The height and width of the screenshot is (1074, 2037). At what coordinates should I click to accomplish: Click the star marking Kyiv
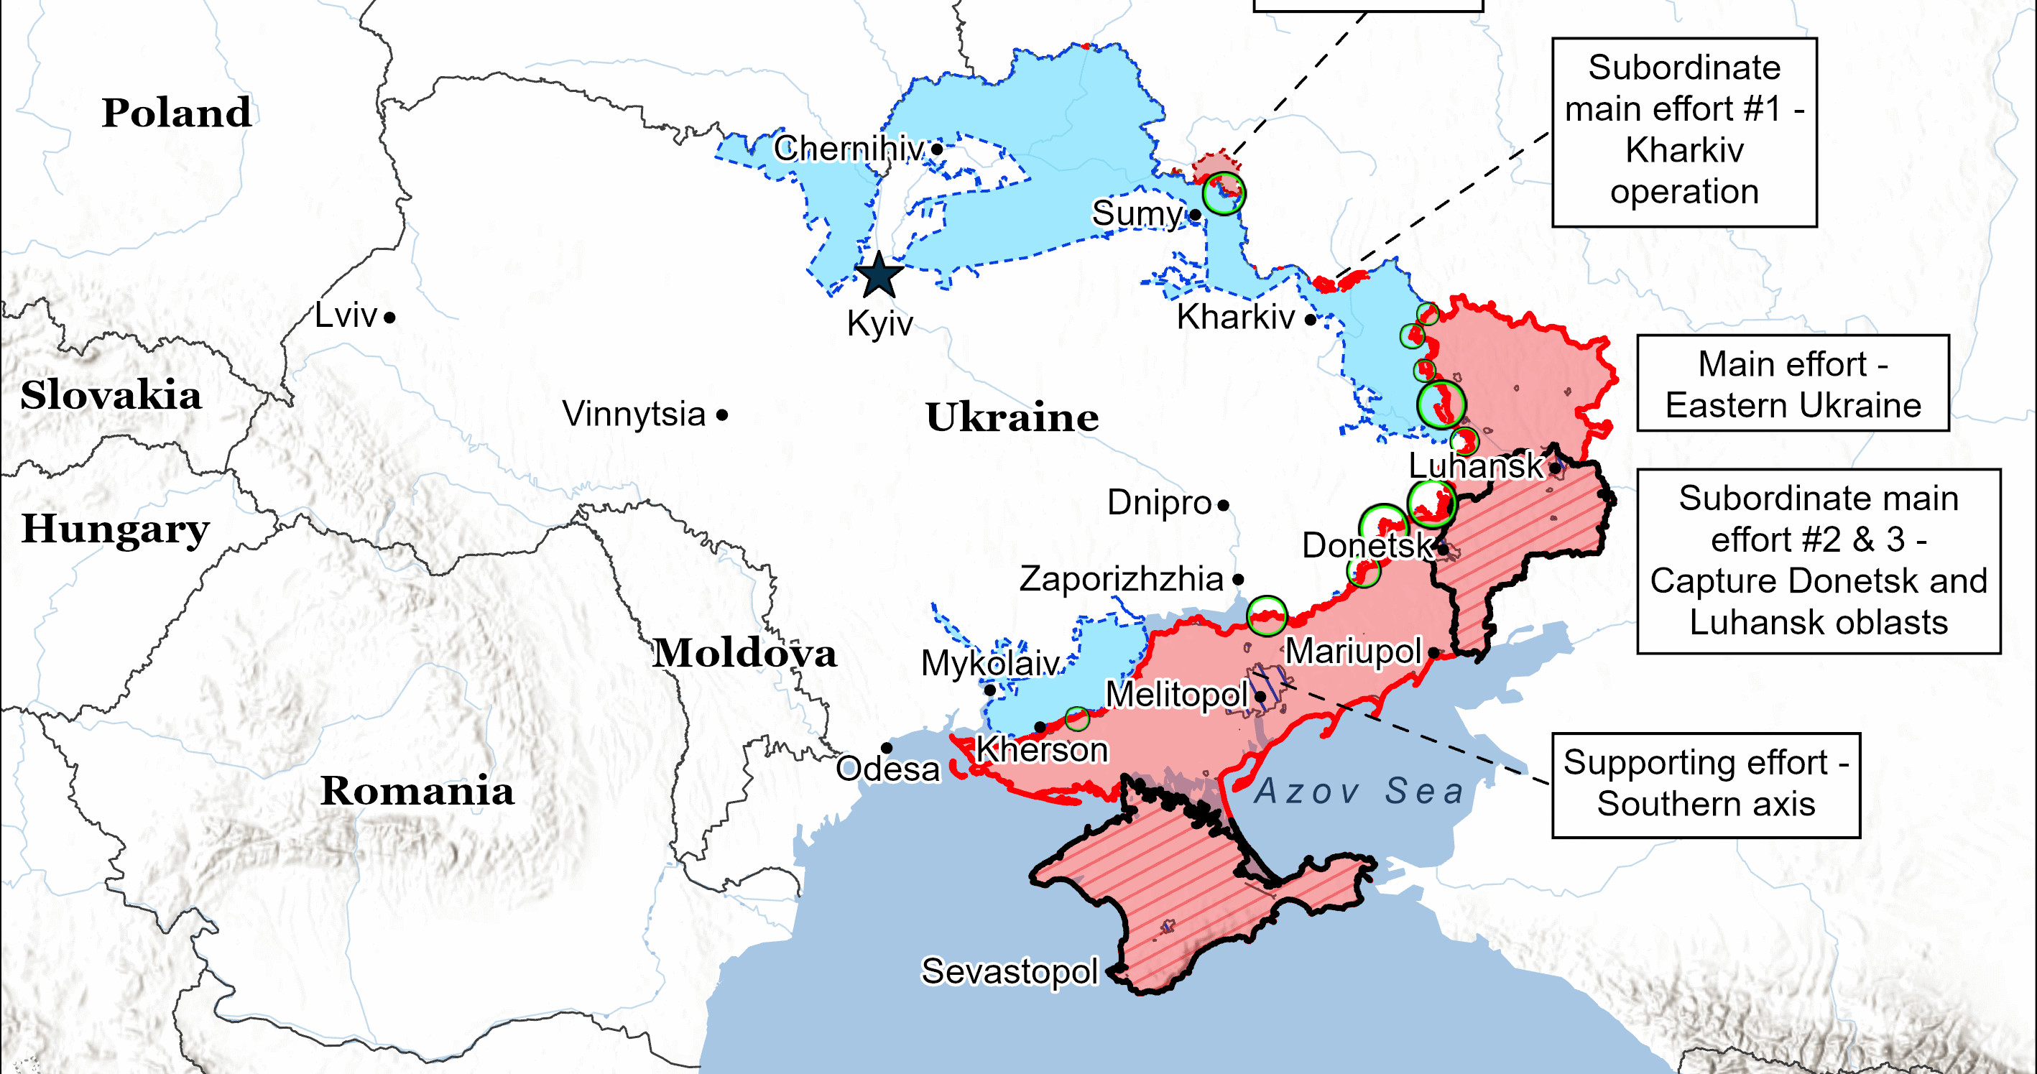879,275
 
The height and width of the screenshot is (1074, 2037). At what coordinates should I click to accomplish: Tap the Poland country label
176,112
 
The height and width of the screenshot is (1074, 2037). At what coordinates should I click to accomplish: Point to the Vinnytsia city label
634,414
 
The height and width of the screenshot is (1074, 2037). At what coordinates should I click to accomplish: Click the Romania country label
417,790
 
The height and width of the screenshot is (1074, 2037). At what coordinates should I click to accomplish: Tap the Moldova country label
744,653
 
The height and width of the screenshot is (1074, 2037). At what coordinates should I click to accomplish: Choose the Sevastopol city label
1010,971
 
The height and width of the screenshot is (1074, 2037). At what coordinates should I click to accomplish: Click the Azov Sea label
1359,791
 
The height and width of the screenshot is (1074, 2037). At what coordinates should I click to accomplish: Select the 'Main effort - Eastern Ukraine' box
1793,384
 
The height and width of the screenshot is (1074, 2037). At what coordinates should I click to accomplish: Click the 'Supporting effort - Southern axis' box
1706,784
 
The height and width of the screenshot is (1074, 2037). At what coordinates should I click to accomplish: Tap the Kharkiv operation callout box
1684,132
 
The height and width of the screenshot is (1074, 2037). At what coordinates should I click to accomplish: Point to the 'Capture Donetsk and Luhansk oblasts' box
1818,561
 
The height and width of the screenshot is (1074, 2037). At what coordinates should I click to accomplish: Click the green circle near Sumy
1224,193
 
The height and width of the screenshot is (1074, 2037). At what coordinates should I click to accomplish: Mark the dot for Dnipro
1224,504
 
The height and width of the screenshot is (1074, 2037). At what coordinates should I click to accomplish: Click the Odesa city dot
887,747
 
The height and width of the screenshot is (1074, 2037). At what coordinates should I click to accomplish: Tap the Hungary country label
116,528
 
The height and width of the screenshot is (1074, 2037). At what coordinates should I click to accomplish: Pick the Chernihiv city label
849,148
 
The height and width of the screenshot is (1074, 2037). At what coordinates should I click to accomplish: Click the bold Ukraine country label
1012,417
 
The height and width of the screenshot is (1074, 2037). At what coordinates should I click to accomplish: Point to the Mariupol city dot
1433,652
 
